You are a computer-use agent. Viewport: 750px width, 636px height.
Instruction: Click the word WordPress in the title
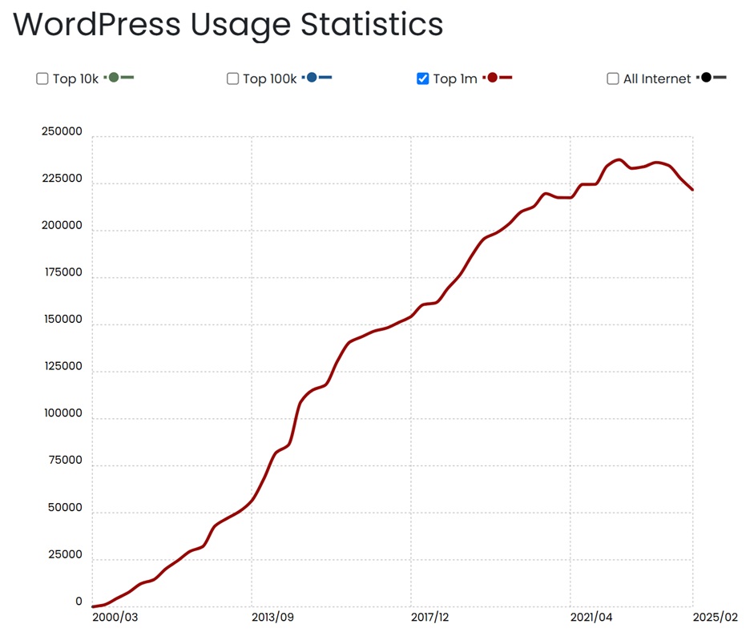95,25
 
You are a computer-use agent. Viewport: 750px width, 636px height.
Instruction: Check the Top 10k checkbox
42,78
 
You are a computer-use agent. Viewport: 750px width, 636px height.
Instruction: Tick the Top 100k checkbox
232,78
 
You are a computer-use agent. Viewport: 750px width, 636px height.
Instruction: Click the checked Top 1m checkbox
423,78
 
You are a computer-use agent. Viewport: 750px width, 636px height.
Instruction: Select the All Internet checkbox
613,78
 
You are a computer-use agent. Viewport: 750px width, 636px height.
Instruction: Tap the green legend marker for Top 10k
114,77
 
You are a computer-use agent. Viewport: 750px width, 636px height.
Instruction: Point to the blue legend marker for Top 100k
312,77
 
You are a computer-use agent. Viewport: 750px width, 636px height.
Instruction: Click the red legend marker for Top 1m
493,77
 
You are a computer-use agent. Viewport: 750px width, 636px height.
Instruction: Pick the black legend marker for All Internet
707,77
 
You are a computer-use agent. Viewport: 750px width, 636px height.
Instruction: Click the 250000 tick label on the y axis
62,132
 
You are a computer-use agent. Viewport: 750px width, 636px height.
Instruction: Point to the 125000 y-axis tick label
62,367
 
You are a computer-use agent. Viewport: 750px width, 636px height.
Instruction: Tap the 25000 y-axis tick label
64,555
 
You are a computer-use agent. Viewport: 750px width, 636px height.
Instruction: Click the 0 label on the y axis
79,602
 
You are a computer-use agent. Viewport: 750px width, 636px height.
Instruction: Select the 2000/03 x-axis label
115,618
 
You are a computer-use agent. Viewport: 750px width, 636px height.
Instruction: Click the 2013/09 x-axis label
274,618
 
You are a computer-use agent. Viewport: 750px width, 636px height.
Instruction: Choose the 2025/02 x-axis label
715,618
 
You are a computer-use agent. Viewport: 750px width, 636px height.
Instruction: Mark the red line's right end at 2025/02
692,190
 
